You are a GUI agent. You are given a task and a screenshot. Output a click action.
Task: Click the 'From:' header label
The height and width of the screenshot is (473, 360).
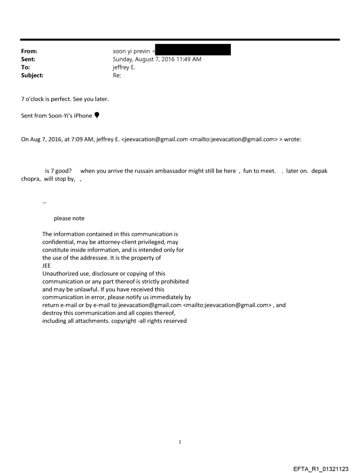coord(29,52)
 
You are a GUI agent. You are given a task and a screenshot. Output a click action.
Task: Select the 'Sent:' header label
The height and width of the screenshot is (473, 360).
coord(28,60)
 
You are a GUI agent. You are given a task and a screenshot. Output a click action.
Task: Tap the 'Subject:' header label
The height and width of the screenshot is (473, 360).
coord(32,75)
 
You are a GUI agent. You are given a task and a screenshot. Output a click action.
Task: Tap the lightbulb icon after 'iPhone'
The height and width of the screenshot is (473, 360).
coord(97,115)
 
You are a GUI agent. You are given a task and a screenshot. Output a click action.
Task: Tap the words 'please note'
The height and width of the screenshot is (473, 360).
coord(69,219)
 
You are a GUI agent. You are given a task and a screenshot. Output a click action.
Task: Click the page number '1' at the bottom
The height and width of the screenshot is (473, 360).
coord(180,442)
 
